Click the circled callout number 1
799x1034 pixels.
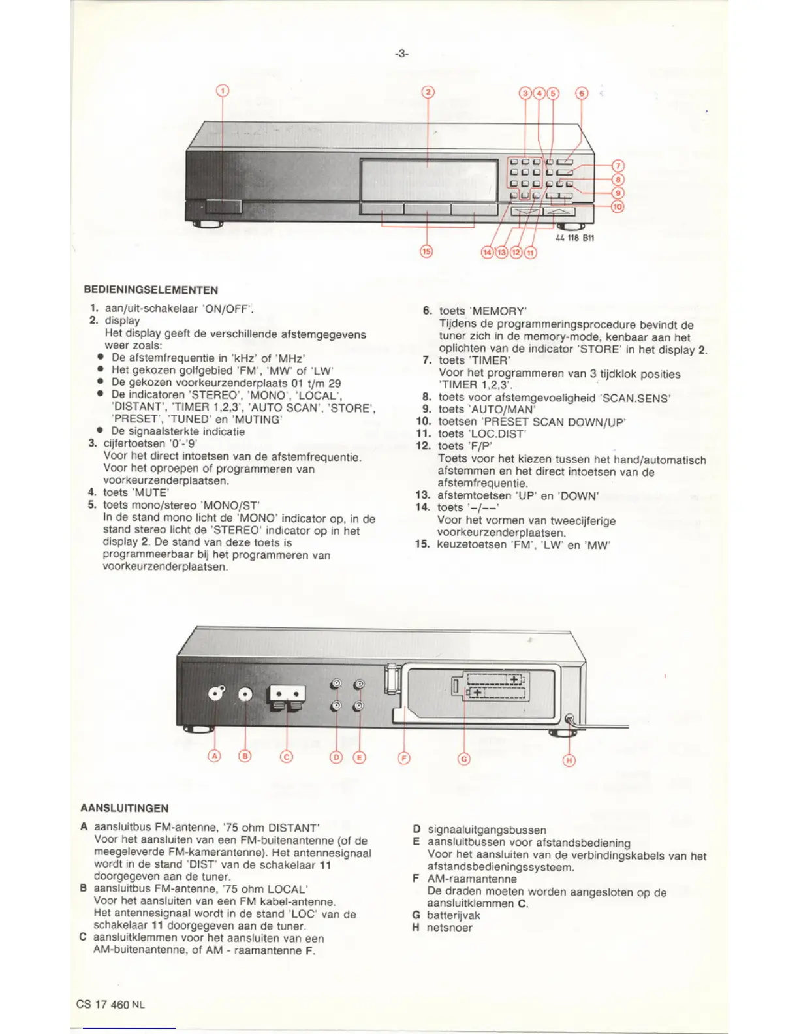(x=223, y=91)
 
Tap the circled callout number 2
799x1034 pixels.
(x=428, y=92)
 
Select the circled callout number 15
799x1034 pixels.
(x=426, y=252)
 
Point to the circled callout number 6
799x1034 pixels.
(x=581, y=93)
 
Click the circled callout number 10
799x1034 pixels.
(x=617, y=207)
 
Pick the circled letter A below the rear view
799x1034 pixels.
(x=214, y=756)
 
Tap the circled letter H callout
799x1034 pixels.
(x=569, y=760)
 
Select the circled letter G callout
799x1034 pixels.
(x=464, y=759)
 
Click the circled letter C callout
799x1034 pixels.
(x=287, y=757)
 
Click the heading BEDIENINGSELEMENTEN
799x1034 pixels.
(x=151, y=290)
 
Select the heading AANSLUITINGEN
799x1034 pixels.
(x=124, y=808)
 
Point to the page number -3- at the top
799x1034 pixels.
(x=401, y=54)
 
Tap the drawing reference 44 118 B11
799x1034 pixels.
(x=574, y=238)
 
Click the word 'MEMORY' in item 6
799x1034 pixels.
(x=497, y=311)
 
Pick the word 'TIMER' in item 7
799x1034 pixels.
(x=491, y=360)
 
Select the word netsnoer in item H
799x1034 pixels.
(x=449, y=928)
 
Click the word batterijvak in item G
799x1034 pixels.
(x=453, y=915)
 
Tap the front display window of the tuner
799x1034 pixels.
(x=428, y=180)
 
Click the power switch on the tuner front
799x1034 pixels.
(x=222, y=206)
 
